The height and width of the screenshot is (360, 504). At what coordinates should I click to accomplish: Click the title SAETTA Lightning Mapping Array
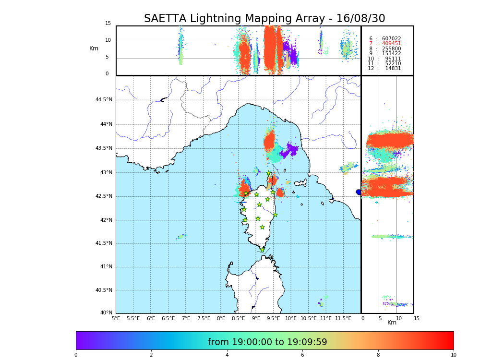click(x=264, y=19)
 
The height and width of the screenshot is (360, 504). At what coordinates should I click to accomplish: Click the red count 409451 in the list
click(x=391, y=44)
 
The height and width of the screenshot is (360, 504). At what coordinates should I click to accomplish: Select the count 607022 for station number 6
click(x=391, y=39)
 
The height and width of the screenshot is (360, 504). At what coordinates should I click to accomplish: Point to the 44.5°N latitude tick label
click(x=103, y=100)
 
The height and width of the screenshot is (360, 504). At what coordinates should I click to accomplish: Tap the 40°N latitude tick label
click(x=106, y=313)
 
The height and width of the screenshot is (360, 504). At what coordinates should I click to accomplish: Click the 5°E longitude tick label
click(x=116, y=318)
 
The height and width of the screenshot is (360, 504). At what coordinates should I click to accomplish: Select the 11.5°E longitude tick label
click(x=343, y=318)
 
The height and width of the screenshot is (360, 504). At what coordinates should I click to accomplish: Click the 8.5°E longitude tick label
click(x=238, y=318)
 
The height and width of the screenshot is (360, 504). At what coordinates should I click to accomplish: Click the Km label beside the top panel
click(x=94, y=48)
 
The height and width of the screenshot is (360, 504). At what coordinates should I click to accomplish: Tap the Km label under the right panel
click(x=392, y=323)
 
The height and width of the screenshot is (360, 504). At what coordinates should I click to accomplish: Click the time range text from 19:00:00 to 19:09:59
click(x=267, y=342)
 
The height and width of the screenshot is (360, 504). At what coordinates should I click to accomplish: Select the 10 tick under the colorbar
click(x=453, y=355)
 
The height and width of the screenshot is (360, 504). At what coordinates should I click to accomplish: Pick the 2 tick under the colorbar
click(x=151, y=355)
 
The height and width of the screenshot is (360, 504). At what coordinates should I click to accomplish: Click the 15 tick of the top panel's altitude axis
click(x=108, y=24)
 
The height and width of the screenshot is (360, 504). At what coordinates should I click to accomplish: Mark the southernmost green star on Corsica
click(x=262, y=250)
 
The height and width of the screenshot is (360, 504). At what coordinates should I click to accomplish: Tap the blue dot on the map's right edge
click(x=359, y=192)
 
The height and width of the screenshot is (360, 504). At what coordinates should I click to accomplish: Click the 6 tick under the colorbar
click(x=302, y=355)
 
